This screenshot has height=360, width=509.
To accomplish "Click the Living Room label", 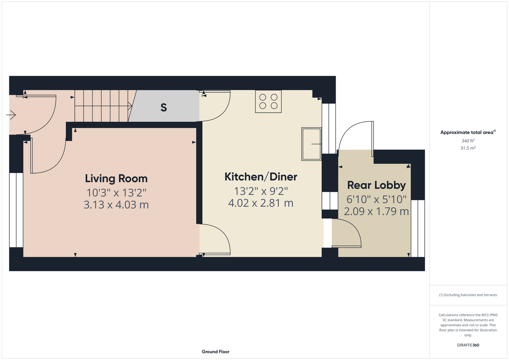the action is [116, 179].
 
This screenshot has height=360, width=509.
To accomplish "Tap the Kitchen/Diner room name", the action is [261, 177].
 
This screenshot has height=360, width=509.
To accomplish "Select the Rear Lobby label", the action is [376, 185].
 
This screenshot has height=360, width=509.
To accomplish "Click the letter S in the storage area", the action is [164, 107].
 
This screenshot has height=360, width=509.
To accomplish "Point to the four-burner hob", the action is [268, 102].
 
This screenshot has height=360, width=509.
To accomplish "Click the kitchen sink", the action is [311, 144].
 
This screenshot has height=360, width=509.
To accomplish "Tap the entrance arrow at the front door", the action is [11, 115].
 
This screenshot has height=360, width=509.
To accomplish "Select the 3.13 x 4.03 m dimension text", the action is [116, 204].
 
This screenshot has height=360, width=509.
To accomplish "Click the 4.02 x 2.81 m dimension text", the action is [261, 203].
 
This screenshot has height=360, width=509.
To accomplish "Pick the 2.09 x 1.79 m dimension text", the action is [376, 211].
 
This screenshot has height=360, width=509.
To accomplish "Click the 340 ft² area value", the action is [468, 141].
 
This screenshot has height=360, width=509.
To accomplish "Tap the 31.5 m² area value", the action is [468, 148].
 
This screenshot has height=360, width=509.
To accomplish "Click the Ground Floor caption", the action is [215, 352].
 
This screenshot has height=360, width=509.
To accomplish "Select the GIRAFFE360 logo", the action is [468, 345].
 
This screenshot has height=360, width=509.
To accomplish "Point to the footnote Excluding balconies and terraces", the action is [468, 295].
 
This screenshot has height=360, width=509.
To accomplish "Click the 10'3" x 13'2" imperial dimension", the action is [116, 193].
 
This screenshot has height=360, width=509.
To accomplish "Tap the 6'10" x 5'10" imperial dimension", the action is [376, 199].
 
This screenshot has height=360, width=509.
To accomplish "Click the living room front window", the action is [16, 210].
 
